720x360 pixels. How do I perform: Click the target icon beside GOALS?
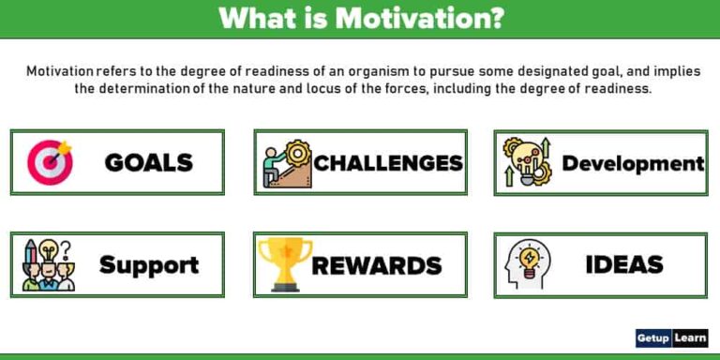(50, 162)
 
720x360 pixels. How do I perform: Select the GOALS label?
(148, 162)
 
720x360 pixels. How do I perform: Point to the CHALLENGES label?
(388, 163)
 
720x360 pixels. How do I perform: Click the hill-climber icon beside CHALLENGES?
(286, 162)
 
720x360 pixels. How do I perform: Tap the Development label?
(633, 163)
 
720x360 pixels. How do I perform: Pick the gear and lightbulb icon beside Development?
(527, 162)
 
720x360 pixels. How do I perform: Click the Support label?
(149, 265)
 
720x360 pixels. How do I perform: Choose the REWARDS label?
(376, 265)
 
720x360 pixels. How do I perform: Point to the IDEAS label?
(624, 264)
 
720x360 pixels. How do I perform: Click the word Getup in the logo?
(652, 338)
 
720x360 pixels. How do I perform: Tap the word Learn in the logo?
(690, 338)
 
